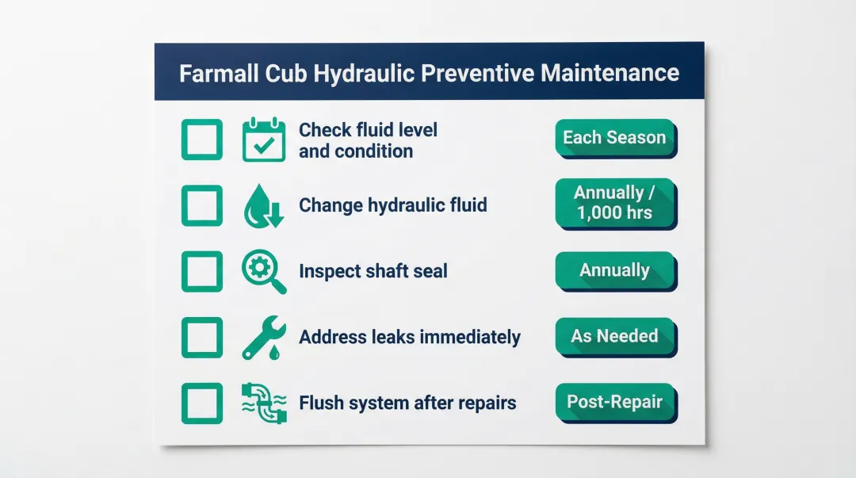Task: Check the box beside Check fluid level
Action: coord(201,140)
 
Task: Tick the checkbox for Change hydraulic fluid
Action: coord(201,205)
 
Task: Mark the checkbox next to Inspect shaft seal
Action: coord(201,271)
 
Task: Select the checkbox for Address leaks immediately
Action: coord(201,337)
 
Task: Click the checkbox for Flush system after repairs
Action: coord(201,403)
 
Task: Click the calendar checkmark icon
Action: coord(263,140)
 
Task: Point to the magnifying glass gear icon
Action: coord(263,272)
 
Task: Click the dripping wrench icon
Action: coord(263,337)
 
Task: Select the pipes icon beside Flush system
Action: coord(263,403)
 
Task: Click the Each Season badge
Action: coord(614,137)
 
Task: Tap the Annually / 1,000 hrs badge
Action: coord(614,203)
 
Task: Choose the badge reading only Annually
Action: coord(614,270)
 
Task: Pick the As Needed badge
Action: coord(614,336)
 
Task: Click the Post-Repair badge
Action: coord(614,401)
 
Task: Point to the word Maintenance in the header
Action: coord(610,74)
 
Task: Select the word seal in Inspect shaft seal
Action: coord(430,271)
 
